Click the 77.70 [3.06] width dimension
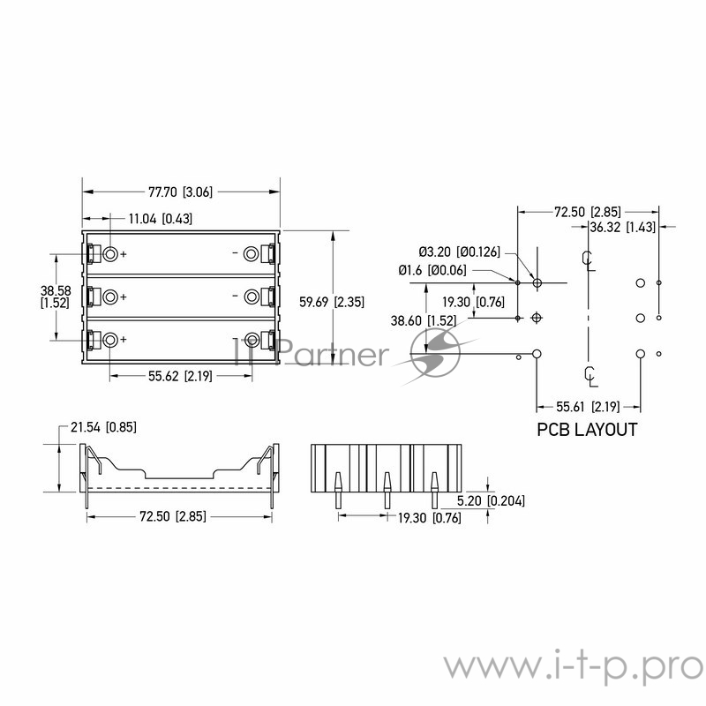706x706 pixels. [x=180, y=192]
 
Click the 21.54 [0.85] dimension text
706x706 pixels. [x=103, y=428]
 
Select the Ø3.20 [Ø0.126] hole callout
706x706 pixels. [x=459, y=252]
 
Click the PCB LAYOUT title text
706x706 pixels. [x=587, y=431]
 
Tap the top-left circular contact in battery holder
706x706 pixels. [x=111, y=254]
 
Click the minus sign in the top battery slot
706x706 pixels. [x=234, y=254]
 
